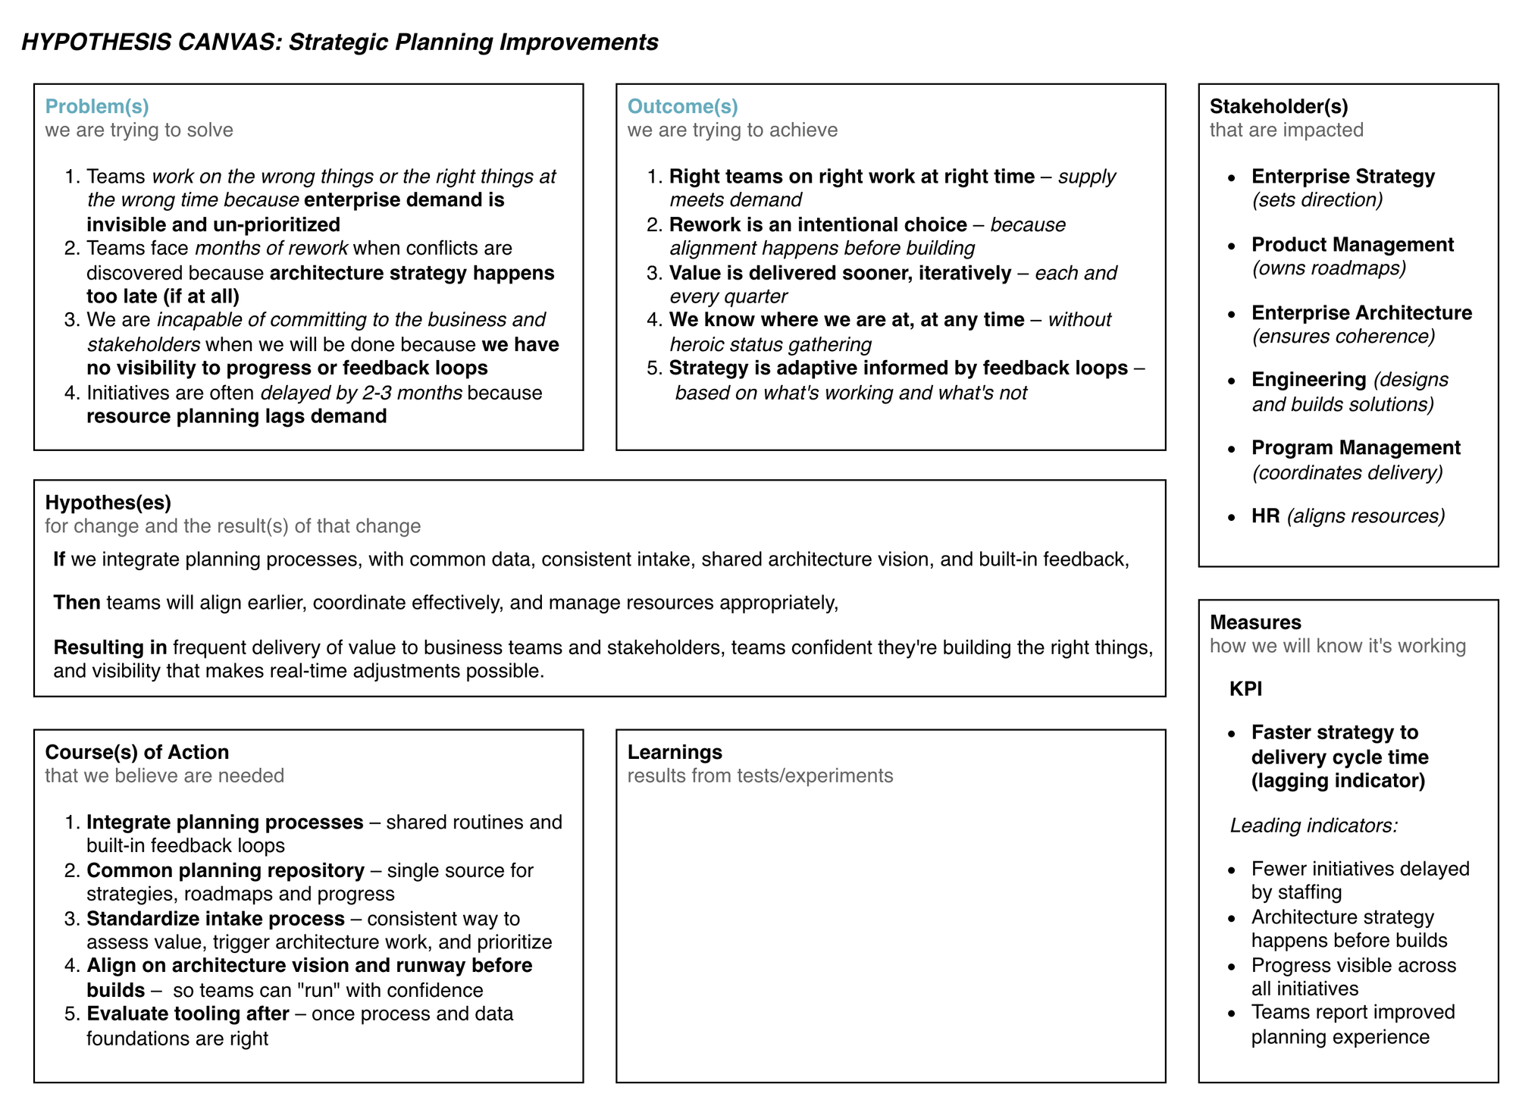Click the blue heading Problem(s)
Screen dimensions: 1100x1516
(97, 106)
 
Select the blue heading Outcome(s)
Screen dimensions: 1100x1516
(682, 106)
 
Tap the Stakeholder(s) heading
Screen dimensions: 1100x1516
(1279, 106)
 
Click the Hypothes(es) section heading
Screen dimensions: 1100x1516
(108, 502)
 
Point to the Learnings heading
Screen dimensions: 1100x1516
(675, 752)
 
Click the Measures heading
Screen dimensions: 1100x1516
(1255, 622)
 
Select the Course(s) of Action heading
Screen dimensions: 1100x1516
(136, 752)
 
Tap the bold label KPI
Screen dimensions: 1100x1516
(1245, 689)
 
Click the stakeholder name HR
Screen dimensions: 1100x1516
(1265, 516)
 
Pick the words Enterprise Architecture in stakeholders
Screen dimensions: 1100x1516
(1361, 312)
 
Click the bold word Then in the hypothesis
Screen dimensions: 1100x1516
(77, 603)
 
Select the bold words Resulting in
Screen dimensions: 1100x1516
(110, 647)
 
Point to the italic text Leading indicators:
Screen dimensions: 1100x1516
(1314, 825)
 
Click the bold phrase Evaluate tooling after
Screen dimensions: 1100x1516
(188, 1014)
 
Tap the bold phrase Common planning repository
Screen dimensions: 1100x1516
(225, 870)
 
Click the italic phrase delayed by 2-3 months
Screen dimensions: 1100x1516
(361, 393)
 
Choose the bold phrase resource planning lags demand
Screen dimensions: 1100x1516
(236, 416)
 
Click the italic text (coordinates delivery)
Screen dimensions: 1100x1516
(1347, 472)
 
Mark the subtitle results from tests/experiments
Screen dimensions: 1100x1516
(760, 776)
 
